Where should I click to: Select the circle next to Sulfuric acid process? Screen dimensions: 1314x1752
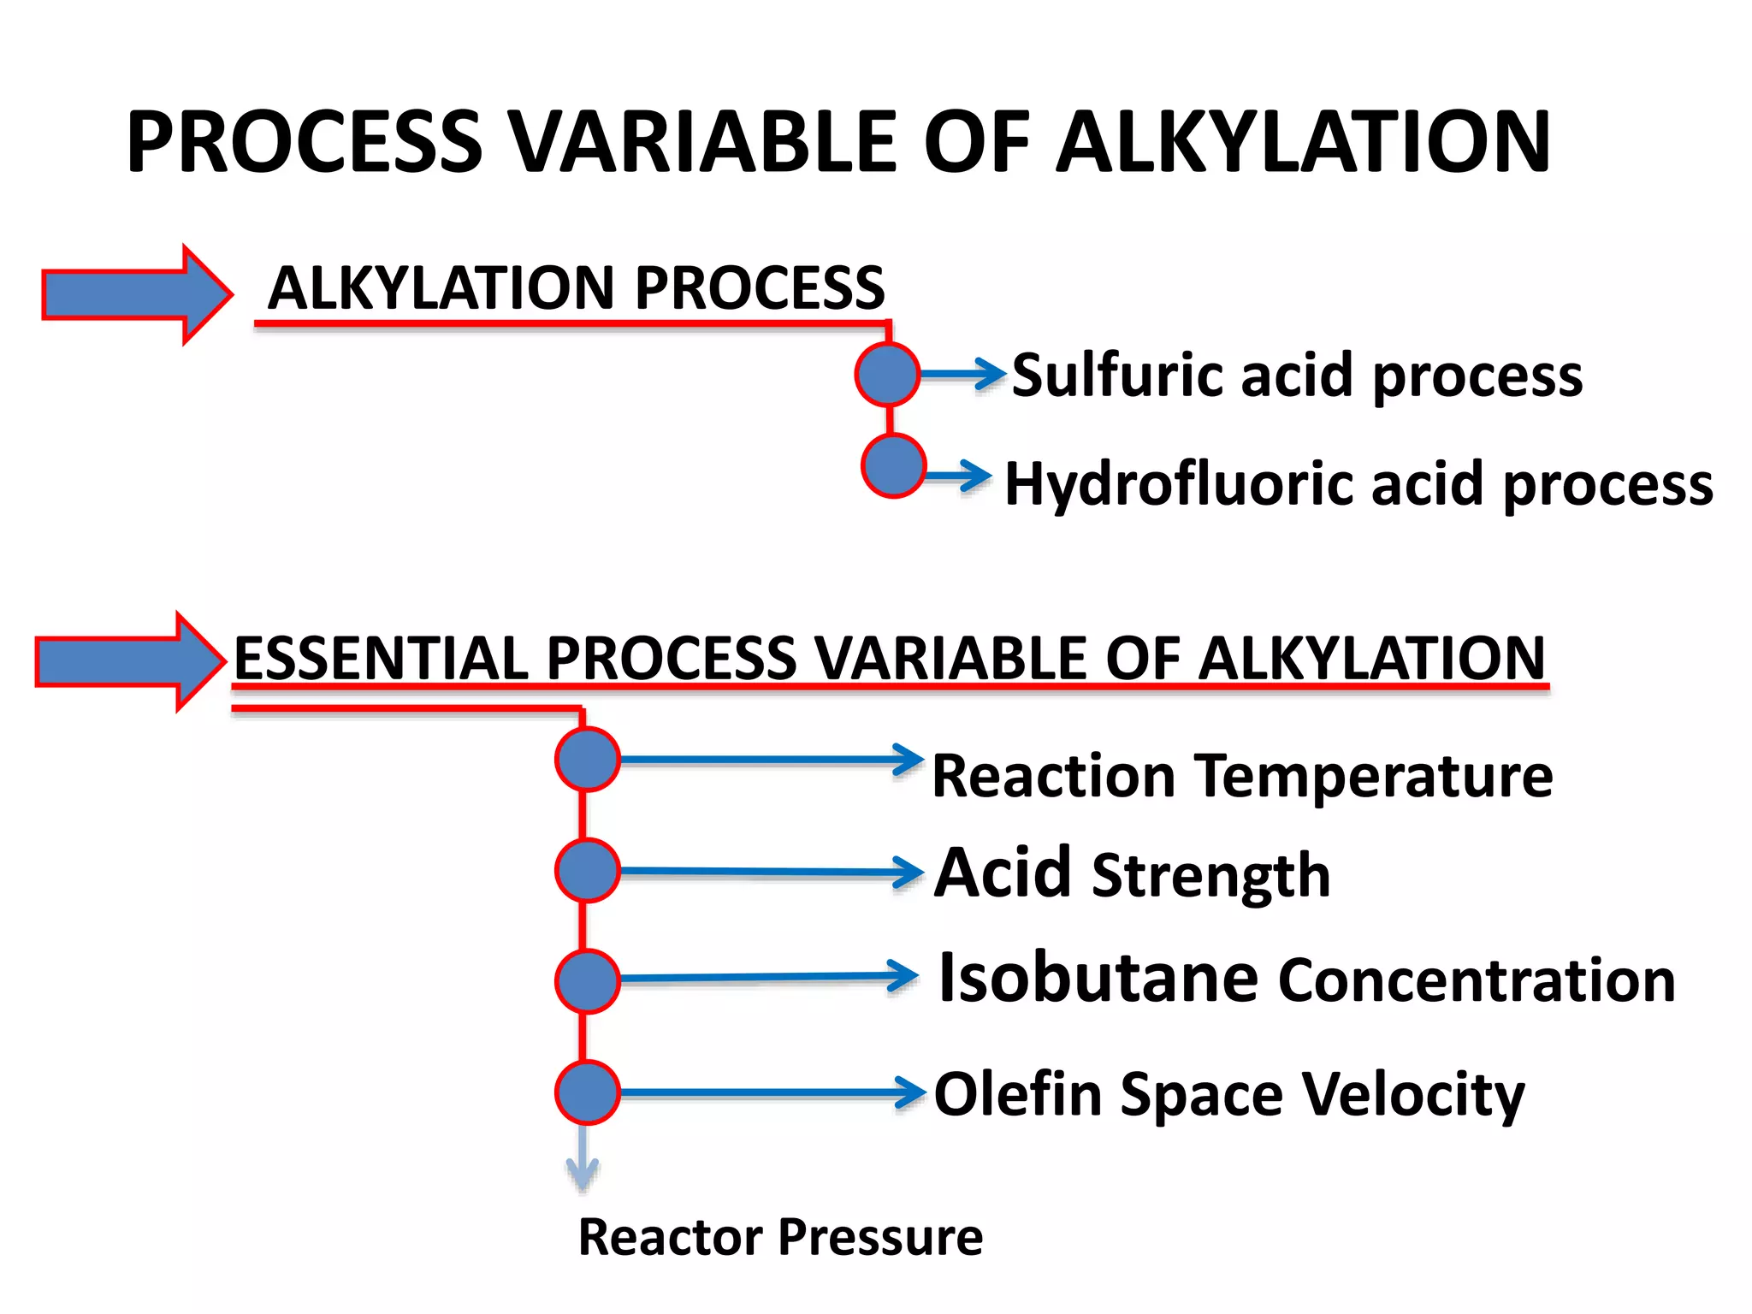click(887, 374)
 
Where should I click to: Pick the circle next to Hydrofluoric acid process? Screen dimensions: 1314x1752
click(893, 466)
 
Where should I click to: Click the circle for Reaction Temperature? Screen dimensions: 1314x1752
click(587, 760)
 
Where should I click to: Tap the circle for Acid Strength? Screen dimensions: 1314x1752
click(587, 871)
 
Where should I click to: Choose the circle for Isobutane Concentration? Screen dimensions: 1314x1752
click(587, 981)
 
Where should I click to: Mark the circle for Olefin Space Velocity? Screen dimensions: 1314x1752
click(587, 1092)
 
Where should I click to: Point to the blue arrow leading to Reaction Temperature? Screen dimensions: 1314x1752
click(770, 760)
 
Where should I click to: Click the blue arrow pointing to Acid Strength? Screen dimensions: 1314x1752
click(770, 873)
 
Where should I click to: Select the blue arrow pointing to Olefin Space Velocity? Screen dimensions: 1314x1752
click(770, 1092)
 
